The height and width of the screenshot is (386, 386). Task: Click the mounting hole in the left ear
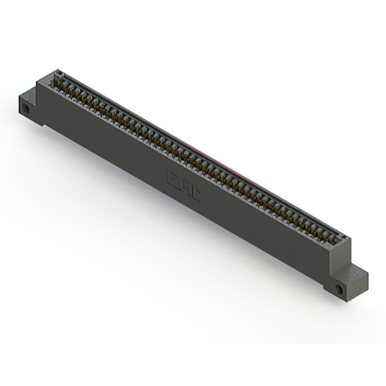click(27, 109)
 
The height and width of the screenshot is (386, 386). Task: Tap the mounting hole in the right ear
click(339, 289)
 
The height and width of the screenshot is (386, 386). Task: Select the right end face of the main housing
click(341, 259)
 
